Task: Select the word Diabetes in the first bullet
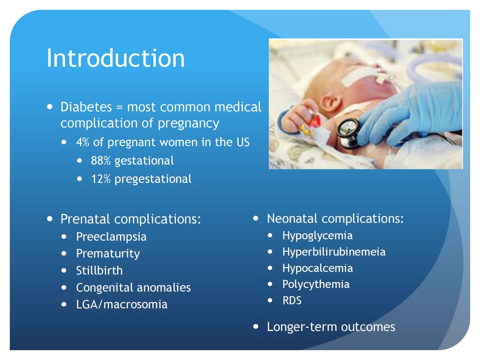(x=86, y=107)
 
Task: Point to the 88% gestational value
(x=100, y=160)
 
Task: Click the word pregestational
(x=153, y=179)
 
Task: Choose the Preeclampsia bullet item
(x=111, y=237)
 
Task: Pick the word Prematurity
(x=108, y=254)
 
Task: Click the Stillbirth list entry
(x=99, y=270)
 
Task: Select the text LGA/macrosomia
(x=121, y=304)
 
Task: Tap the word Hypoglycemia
(x=317, y=236)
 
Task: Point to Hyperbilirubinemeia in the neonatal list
(x=334, y=252)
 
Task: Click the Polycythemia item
(x=315, y=285)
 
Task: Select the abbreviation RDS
(x=292, y=300)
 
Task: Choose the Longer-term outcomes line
(x=331, y=327)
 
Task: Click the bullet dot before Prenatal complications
(x=50, y=219)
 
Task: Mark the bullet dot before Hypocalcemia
(x=270, y=268)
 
